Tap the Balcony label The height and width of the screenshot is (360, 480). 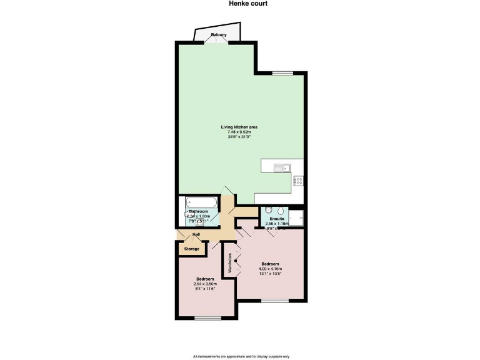(x=219, y=34)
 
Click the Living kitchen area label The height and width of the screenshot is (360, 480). (x=239, y=127)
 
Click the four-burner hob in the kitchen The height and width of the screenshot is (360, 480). (x=298, y=181)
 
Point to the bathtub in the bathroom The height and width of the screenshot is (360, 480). (x=201, y=202)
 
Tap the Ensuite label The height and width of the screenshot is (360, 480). (x=277, y=219)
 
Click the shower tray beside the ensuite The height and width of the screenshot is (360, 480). (x=296, y=216)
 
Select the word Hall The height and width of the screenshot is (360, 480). (x=196, y=234)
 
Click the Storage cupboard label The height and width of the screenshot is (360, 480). (x=192, y=249)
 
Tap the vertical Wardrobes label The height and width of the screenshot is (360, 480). (x=230, y=263)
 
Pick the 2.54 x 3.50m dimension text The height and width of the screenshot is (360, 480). (x=205, y=284)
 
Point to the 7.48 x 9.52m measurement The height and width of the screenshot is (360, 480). (x=239, y=132)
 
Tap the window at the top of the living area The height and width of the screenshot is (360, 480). (x=282, y=72)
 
